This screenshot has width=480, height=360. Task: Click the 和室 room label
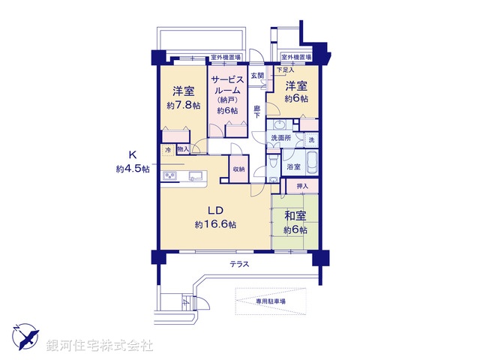click(295, 216)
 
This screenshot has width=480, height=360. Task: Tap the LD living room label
click(215, 210)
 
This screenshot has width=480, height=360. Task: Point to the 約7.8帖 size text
click(183, 106)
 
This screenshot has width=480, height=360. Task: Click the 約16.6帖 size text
click(215, 224)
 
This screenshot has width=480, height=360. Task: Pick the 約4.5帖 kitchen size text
click(133, 169)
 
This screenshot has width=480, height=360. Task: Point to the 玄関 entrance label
click(257, 76)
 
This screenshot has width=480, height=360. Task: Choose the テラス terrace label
click(240, 265)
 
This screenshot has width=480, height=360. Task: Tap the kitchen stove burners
click(169, 177)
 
